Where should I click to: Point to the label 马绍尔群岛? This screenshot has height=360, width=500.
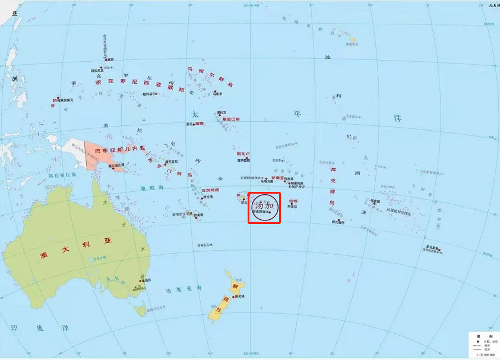[x=210, y=77]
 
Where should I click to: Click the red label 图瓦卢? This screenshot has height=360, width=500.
[x=243, y=153]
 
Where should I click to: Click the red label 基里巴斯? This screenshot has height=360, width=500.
[x=231, y=119]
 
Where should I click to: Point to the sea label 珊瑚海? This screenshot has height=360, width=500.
[x=151, y=187]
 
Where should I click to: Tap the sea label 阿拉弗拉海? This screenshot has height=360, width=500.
[x=62, y=175]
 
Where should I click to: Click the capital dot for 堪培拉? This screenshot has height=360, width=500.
[x=141, y=279]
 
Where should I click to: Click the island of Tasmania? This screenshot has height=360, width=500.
[x=140, y=310]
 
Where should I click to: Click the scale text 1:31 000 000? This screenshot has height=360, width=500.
[x=485, y=355]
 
